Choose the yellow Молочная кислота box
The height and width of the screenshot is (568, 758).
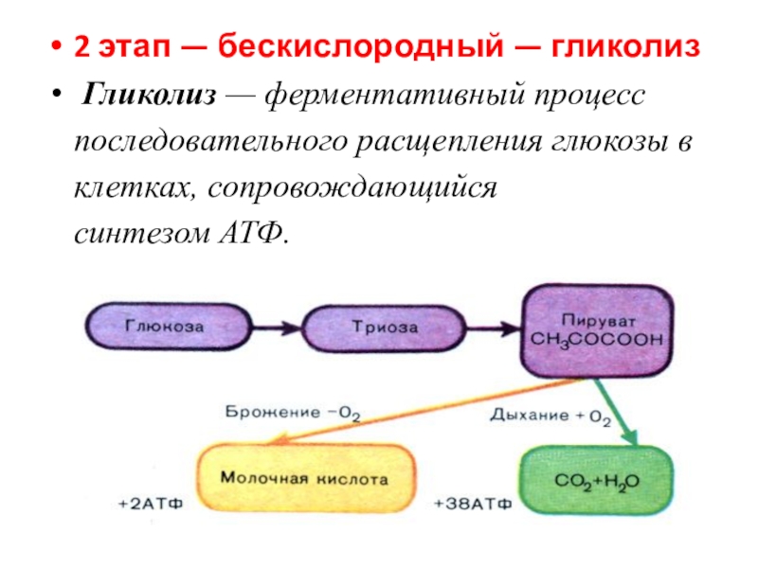[x=305, y=480]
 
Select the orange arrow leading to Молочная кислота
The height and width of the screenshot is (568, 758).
[x=417, y=409]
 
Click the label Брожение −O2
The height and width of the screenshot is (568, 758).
[x=294, y=413]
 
